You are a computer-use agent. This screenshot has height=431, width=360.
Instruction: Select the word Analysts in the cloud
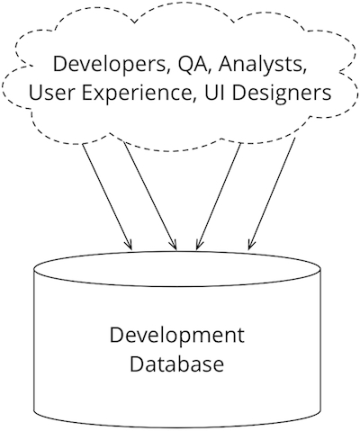(260, 66)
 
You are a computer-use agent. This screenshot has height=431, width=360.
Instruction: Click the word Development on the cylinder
(177, 336)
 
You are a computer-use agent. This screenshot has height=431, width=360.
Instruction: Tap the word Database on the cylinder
(177, 364)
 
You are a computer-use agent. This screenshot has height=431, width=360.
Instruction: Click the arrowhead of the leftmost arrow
(130, 245)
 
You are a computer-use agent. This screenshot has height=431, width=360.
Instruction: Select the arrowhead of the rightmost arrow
(251, 245)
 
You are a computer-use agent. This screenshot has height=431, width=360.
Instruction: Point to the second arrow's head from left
(175, 245)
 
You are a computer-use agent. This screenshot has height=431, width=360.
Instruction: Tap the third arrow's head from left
(199, 245)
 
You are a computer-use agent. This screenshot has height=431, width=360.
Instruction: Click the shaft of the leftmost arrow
(107, 196)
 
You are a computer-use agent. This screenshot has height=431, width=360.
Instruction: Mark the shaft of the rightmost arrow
(272, 193)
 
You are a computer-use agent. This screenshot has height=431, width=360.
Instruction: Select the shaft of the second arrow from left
(150, 196)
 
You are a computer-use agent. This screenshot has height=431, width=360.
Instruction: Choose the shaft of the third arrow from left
(219, 196)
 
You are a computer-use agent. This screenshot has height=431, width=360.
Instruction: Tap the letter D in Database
(137, 364)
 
